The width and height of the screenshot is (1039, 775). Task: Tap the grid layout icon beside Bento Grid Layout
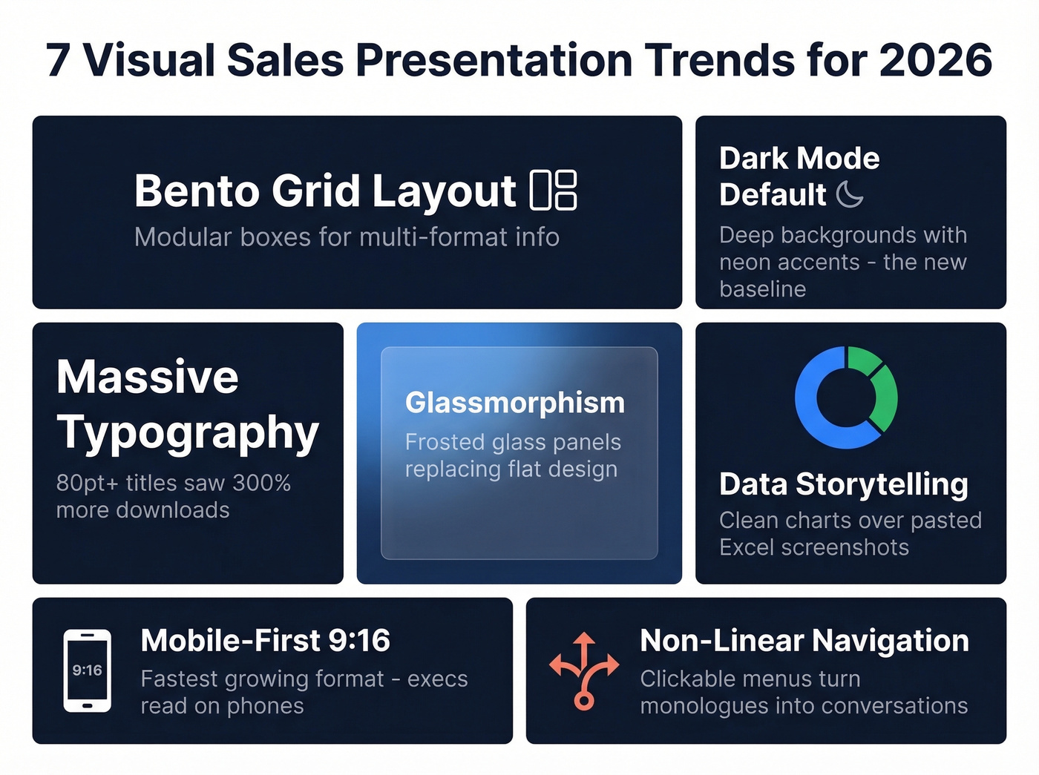pyautogui.click(x=554, y=190)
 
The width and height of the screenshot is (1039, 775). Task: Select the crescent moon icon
pyautogui.click(x=850, y=194)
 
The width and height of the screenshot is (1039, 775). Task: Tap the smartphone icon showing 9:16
pyautogui.click(x=88, y=670)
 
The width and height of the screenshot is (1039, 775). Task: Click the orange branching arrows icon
pyautogui.click(x=584, y=670)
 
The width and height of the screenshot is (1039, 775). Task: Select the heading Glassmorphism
pyautogui.click(x=515, y=403)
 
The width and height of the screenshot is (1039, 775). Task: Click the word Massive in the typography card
pyautogui.click(x=148, y=377)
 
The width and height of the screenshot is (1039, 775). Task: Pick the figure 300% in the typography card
pyautogui.click(x=262, y=483)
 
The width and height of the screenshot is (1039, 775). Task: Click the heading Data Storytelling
pyautogui.click(x=844, y=484)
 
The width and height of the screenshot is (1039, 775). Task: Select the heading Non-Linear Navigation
pyautogui.click(x=804, y=640)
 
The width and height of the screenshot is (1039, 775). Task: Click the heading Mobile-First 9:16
pyautogui.click(x=265, y=640)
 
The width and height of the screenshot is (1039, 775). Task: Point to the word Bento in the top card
pyautogui.click(x=197, y=191)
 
